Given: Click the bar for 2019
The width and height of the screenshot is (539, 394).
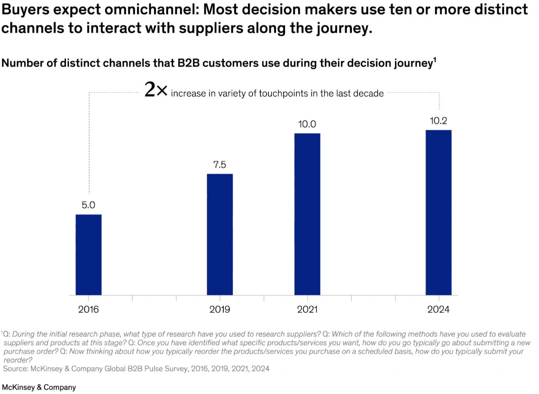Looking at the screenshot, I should [x=220, y=234].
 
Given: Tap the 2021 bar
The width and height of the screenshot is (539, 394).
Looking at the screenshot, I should [x=307, y=214].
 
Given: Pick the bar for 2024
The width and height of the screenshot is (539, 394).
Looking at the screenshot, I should [x=439, y=212].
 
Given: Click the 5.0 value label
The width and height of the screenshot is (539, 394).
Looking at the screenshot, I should [x=88, y=205].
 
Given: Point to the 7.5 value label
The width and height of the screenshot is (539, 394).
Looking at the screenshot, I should [x=220, y=165].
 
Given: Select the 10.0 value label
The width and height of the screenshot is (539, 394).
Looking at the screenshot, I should [x=307, y=124].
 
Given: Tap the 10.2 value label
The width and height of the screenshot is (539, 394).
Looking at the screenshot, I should [x=439, y=121].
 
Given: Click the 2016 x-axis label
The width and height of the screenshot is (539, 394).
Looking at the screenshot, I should [x=88, y=309].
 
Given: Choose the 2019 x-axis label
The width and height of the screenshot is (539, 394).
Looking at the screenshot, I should [x=220, y=309].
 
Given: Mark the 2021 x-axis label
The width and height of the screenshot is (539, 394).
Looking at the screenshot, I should [x=307, y=309].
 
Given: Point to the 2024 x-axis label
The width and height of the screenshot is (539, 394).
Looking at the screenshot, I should [x=439, y=309].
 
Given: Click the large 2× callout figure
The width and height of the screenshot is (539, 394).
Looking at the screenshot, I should [x=156, y=90].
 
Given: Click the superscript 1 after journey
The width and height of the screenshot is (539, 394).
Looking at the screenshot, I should [x=434, y=60].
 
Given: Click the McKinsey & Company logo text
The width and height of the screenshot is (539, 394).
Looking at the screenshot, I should [x=39, y=387].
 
